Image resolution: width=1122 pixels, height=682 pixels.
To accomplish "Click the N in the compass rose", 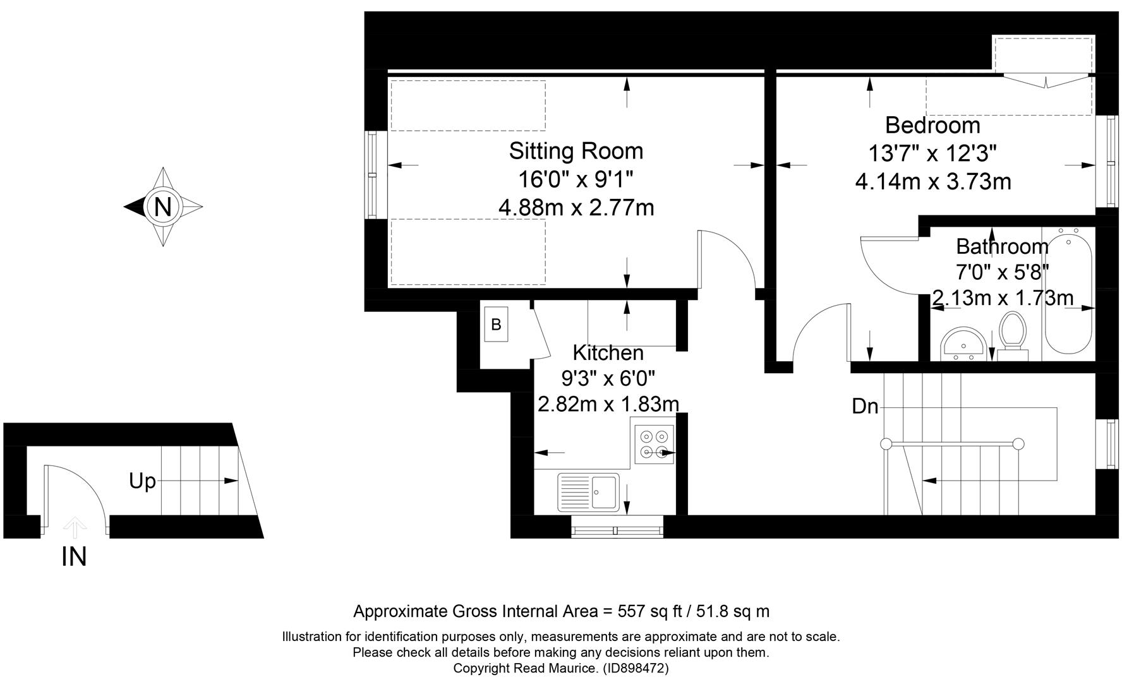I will point(163,206).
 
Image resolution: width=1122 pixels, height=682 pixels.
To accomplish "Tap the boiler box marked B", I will point(496,325).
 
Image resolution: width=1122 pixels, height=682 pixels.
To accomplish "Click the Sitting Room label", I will point(576,151).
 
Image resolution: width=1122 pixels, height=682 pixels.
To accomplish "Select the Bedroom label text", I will point(932,125).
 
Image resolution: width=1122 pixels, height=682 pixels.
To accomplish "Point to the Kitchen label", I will point(608,352).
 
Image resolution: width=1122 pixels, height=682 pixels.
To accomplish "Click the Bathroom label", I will point(1002,246).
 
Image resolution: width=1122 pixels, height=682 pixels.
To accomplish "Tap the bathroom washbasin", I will point(962,345).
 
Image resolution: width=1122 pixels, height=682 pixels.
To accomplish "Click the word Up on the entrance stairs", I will point(142,481).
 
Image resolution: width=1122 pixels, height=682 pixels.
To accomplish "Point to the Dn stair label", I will point(865,407).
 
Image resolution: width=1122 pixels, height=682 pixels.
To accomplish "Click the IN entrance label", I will point(74,557).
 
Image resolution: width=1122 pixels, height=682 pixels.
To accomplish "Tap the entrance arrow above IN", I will point(75,525).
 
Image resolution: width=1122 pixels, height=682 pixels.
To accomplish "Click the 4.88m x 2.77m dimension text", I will point(576,207).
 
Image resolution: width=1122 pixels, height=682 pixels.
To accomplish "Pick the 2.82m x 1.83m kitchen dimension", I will point(608,404).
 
